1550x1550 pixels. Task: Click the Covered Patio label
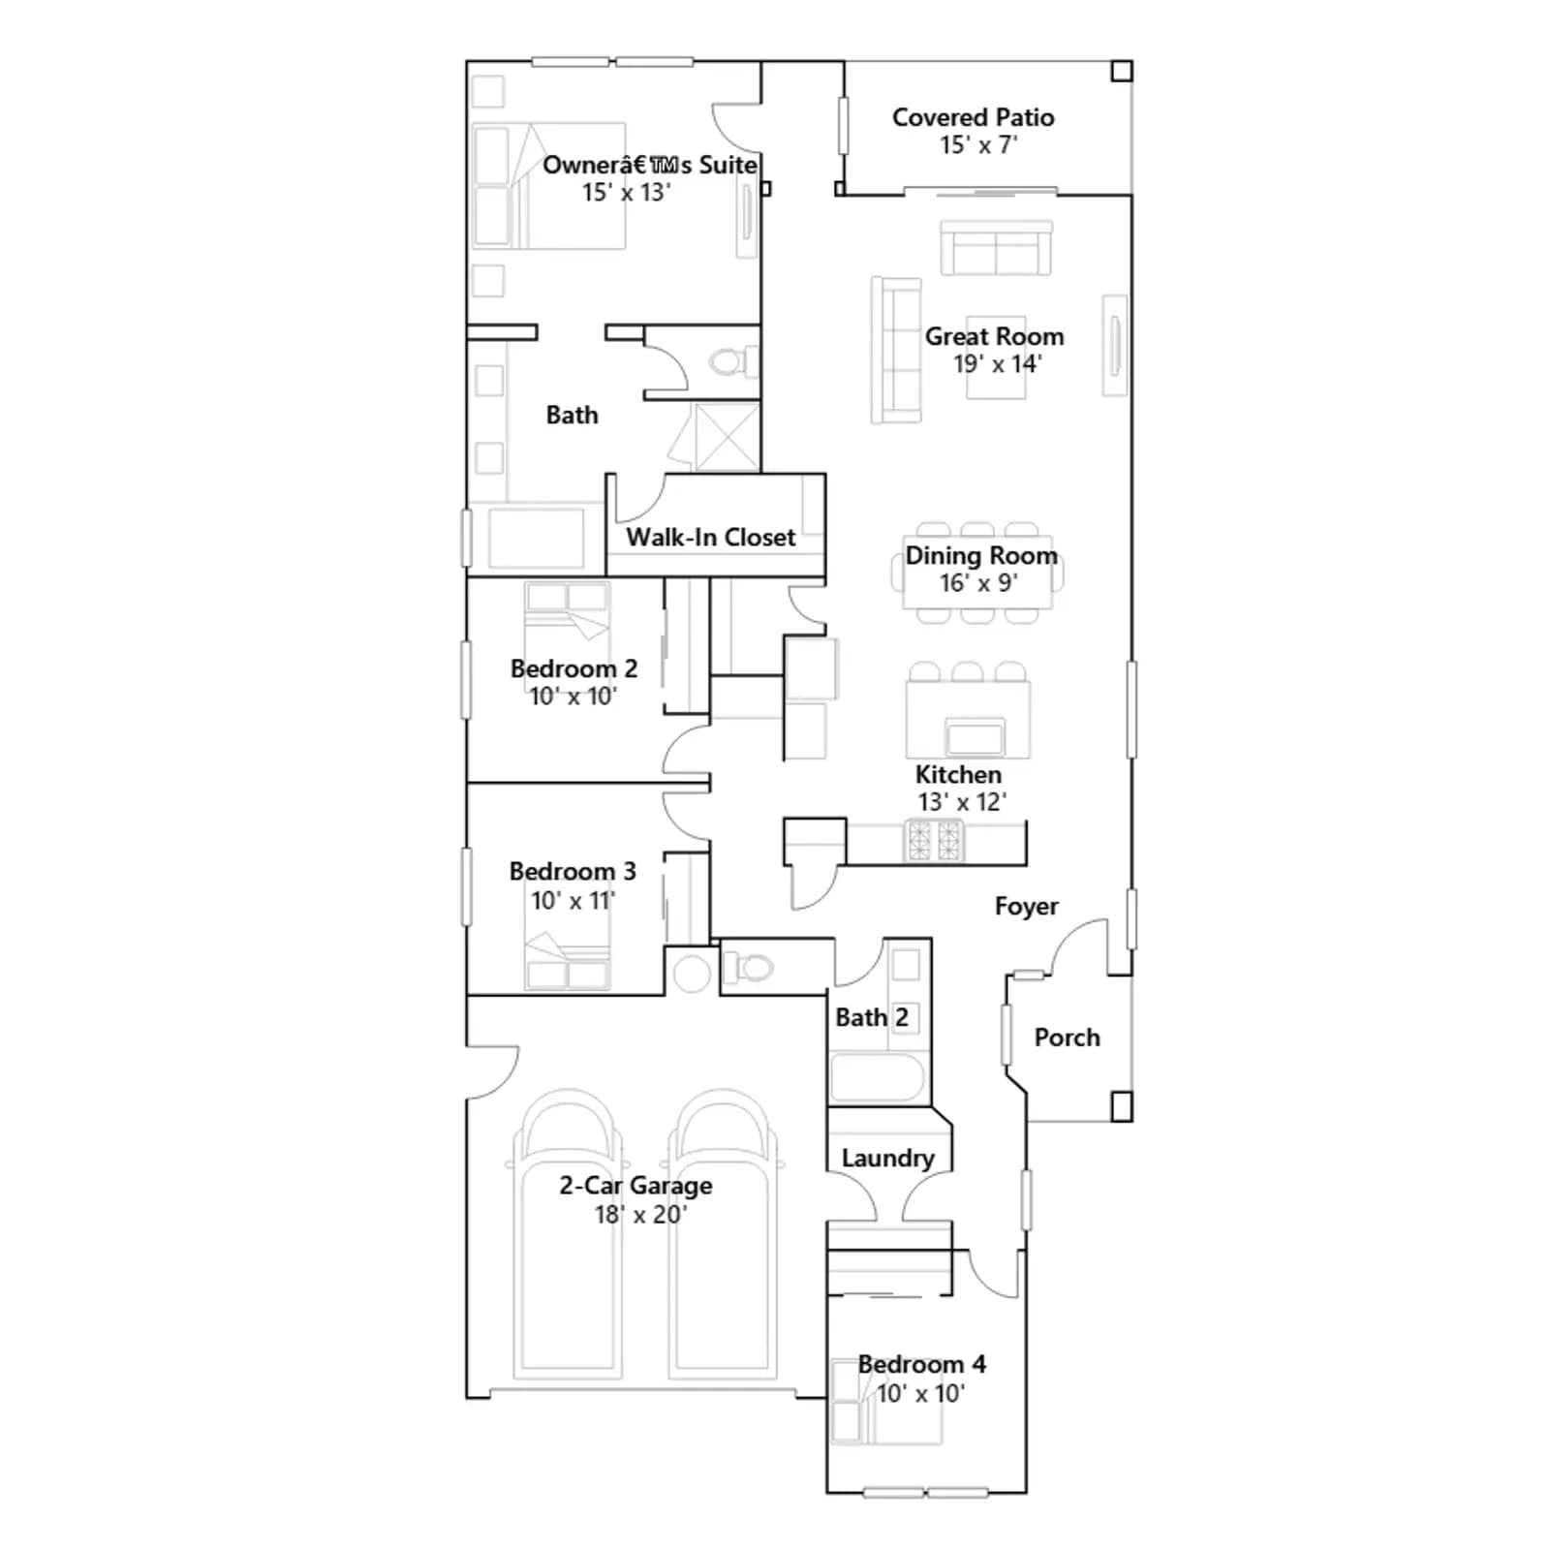[x=973, y=117]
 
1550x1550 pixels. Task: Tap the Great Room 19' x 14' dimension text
[x=997, y=364]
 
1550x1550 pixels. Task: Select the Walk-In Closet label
[x=710, y=538]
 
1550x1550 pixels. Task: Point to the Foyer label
[x=1026, y=907]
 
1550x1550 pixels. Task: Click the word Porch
[x=1067, y=1038]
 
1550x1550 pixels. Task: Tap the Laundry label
[x=887, y=1159]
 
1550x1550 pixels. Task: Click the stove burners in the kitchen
[x=934, y=841]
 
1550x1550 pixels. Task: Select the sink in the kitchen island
[x=975, y=737]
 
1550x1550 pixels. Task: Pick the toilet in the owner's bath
[x=734, y=362]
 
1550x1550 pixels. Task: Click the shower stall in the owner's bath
[x=727, y=437]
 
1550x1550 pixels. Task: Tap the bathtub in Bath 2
[x=878, y=1077]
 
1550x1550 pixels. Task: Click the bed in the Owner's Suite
[x=548, y=186]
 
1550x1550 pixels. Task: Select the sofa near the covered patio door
[x=996, y=248]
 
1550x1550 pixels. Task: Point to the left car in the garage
[x=568, y=1234]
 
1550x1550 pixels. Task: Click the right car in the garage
[x=723, y=1234]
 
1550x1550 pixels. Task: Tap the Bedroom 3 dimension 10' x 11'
[x=573, y=901]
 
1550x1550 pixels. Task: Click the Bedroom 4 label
[x=921, y=1365]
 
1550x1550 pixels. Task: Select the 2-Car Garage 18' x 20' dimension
[x=640, y=1215]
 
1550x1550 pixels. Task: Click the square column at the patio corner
[x=1121, y=72]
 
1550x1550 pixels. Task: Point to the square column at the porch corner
[x=1121, y=1106]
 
